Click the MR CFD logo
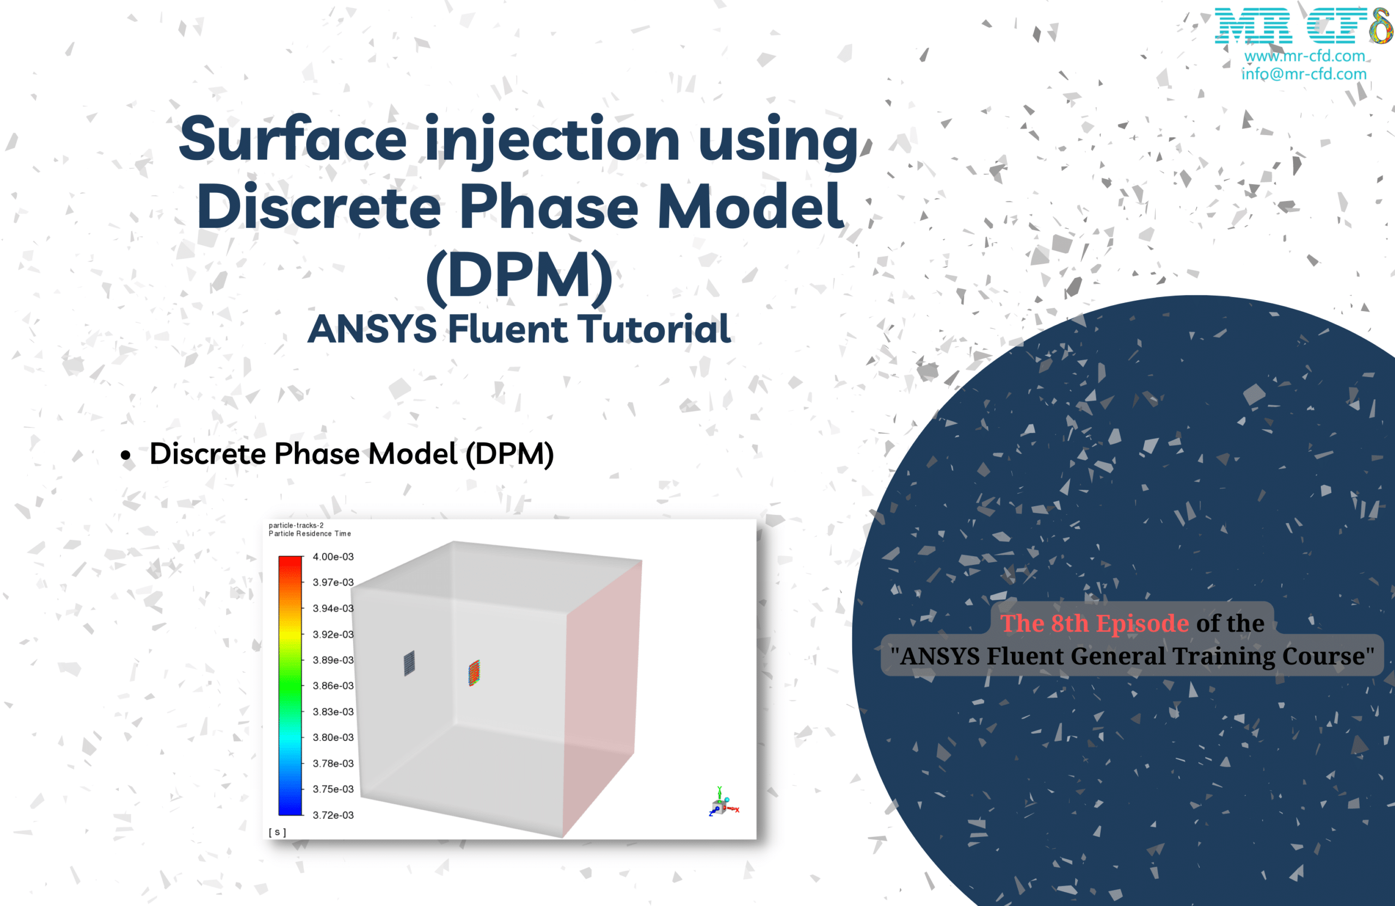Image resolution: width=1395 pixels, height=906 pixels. [x=1304, y=26]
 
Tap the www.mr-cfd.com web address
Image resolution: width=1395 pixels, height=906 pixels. [x=1305, y=56]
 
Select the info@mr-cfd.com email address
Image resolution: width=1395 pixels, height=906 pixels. [x=1303, y=74]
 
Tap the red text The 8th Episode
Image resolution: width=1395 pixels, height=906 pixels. [x=1094, y=624]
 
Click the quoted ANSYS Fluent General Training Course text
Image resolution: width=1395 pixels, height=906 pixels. [x=1132, y=656]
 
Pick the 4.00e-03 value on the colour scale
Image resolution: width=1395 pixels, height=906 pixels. [x=333, y=557]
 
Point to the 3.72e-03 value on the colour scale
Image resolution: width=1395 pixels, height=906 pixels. [x=333, y=815]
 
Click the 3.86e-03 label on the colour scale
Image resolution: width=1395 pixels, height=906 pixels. [x=333, y=686]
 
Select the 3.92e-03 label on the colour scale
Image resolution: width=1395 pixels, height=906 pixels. [x=333, y=635]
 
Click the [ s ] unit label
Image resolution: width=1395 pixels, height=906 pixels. [x=277, y=832]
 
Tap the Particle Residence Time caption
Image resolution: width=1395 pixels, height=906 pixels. [x=310, y=534]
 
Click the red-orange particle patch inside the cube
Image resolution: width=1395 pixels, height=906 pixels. [x=474, y=673]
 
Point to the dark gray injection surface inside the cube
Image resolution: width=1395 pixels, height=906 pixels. [x=409, y=664]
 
